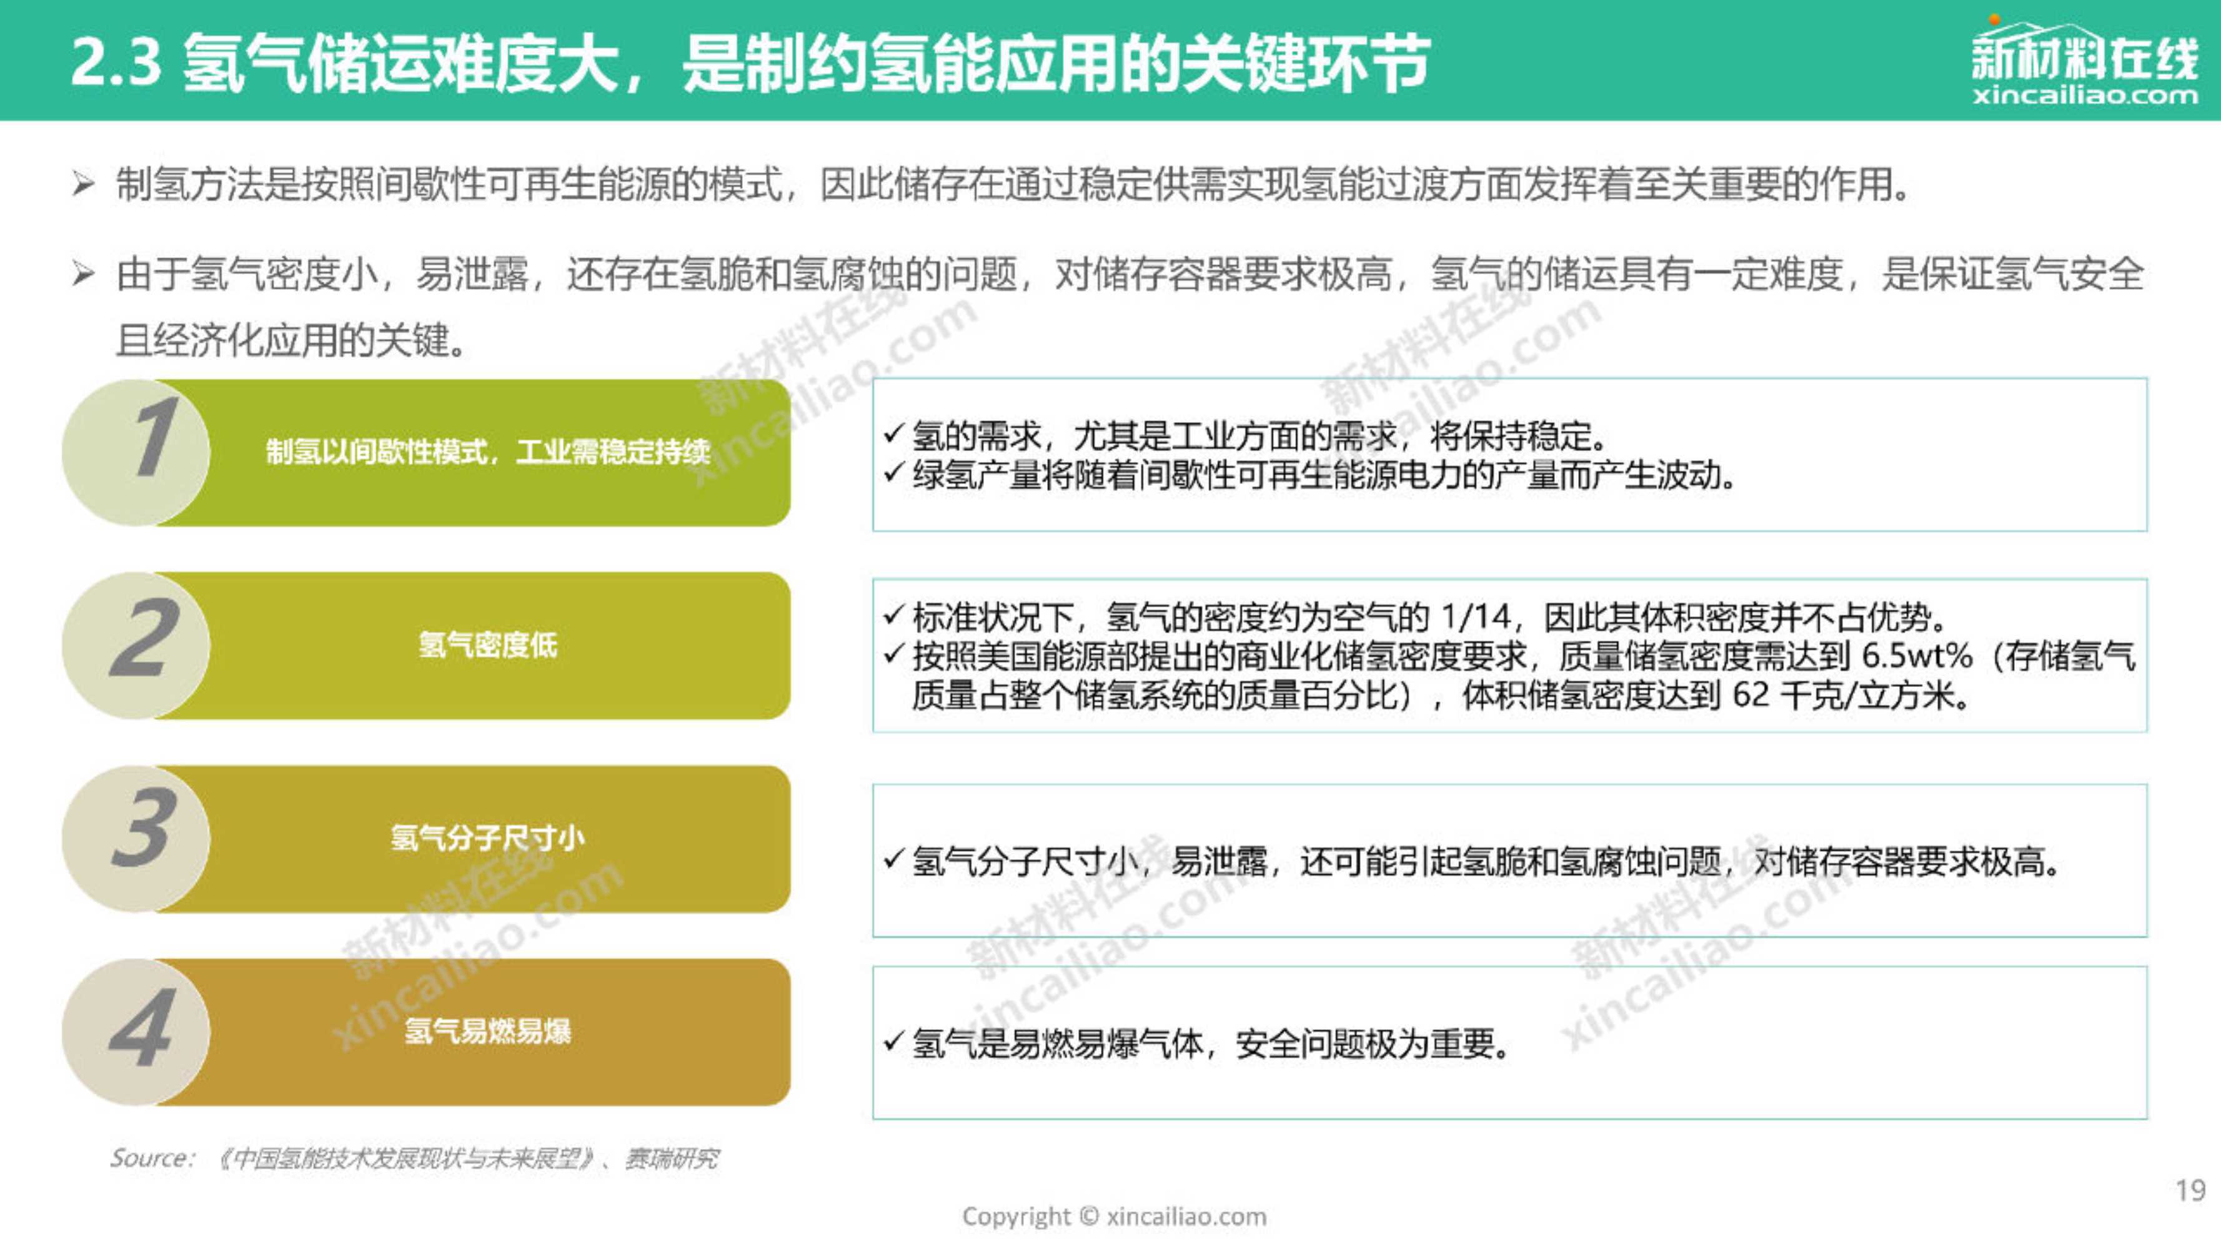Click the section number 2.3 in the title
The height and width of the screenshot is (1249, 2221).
click(x=116, y=62)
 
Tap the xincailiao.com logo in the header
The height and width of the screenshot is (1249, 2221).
click(x=2084, y=61)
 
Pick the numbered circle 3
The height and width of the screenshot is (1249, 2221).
click(x=136, y=838)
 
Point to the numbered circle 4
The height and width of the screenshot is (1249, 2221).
click(x=136, y=1031)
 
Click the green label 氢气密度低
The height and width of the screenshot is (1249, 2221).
click(x=488, y=644)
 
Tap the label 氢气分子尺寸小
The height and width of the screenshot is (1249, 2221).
click(x=488, y=838)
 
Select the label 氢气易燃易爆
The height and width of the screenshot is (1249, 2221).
click(x=488, y=1031)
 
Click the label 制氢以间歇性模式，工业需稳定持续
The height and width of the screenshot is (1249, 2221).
click(x=488, y=452)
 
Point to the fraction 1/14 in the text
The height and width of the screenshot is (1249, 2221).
click(x=1476, y=617)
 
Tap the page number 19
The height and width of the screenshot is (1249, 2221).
click(x=2190, y=1190)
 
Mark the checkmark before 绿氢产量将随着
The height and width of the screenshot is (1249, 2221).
click(x=894, y=473)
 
